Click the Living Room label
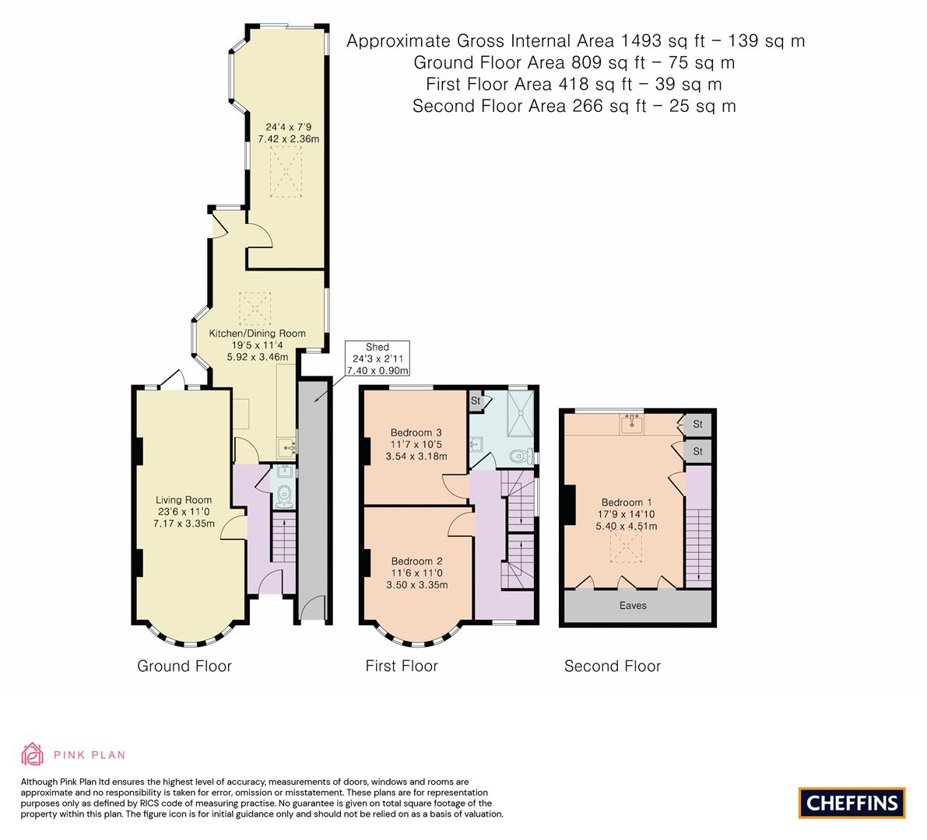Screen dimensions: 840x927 pyautogui.click(x=184, y=500)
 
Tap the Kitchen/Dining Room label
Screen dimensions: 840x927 pyautogui.click(x=257, y=333)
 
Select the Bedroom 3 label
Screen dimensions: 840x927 pyautogui.click(x=416, y=432)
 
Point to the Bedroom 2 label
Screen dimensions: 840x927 pyautogui.click(x=416, y=561)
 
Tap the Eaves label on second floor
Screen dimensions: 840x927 pyautogui.click(x=632, y=605)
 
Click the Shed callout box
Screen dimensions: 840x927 pyautogui.click(x=377, y=359)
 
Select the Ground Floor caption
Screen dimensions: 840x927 pyautogui.click(x=184, y=666)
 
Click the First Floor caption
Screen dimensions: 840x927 pyautogui.click(x=402, y=666)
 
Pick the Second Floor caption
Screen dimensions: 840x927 pyautogui.click(x=613, y=666)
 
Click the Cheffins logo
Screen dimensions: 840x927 pyautogui.click(x=852, y=803)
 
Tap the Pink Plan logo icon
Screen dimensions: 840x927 pyautogui.click(x=33, y=754)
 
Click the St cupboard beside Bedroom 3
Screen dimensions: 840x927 pyautogui.click(x=476, y=401)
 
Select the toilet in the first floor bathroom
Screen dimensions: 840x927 pyautogui.click(x=518, y=455)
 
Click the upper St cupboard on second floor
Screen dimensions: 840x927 pyautogui.click(x=697, y=425)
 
